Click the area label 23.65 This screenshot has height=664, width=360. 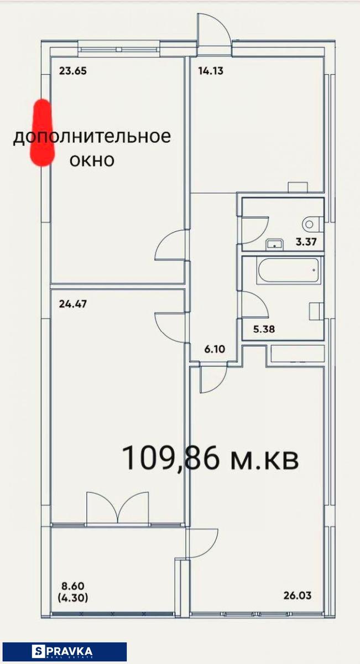pyautogui.click(x=73, y=71)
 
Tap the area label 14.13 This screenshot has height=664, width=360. pyautogui.click(x=211, y=71)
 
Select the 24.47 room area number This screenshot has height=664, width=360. pyautogui.click(x=73, y=304)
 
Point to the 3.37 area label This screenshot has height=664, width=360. pyautogui.click(x=306, y=242)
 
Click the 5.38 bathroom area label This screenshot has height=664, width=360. pyautogui.click(x=264, y=329)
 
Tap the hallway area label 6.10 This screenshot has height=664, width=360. pyautogui.click(x=215, y=349)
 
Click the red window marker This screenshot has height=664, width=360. pyautogui.click(x=42, y=133)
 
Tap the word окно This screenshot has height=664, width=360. pyautogui.click(x=92, y=160)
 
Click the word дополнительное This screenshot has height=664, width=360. pyautogui.click(x=92, y=137)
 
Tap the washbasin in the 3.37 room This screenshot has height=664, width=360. pyautogui.click(x=275, y=243)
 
